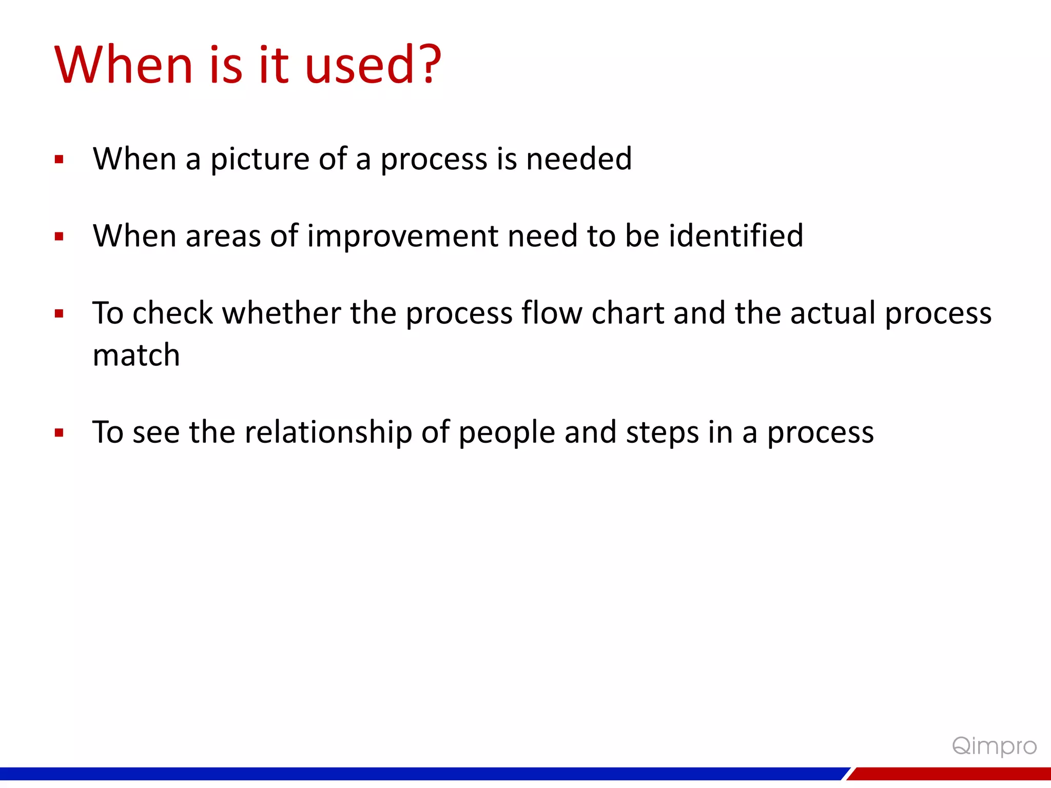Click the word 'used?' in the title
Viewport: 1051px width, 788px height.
(x=373, y=65)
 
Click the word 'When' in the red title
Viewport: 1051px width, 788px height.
(x=124, y=65)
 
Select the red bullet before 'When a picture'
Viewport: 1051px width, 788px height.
(x=59, y=160)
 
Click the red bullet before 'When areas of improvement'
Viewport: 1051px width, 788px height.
(x=59, y=237)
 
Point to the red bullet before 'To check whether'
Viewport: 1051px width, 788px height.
(x=59, y=313)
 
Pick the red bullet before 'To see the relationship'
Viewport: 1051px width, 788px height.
(x=59, y=432)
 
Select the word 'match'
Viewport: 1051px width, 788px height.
(x=136, y=355)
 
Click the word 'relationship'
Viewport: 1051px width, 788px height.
(x=328, y=432)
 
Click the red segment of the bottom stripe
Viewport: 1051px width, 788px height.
(x=949, y=774)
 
